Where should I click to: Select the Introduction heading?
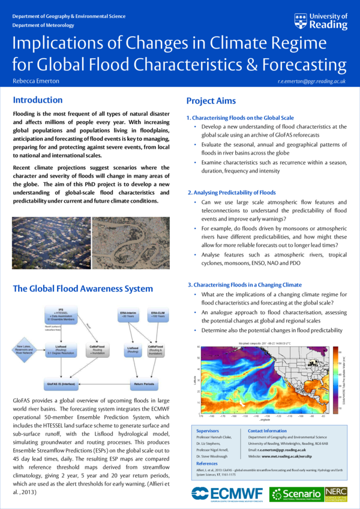(38, 100)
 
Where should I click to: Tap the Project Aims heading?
(211, 101)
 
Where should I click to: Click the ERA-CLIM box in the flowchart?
(158, 316)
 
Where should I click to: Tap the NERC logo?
(335, 493)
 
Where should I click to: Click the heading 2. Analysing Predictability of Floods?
(231, 192)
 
